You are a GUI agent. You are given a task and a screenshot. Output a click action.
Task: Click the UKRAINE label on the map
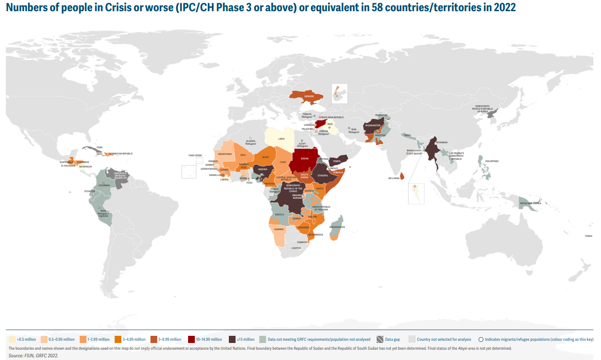click(309, 96)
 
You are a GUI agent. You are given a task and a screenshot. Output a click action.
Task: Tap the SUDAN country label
click(304, 159)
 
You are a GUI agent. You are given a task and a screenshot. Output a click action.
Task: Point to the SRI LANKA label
click(394, 178)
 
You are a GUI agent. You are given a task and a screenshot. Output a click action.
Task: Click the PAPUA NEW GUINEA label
click(530, 203)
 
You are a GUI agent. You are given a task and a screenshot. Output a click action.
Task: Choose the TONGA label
click(588, 236)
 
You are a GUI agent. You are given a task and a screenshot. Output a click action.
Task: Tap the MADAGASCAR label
click(337, 227)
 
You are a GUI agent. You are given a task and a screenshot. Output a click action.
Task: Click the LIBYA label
click(281, 139)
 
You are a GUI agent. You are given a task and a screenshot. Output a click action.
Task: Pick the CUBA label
click(99, 147)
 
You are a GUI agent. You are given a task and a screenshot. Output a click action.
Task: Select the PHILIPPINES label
click(492, 161)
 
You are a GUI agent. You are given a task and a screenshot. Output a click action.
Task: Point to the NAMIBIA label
click(279, 229)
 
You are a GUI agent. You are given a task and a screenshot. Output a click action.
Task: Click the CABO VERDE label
click(195, 155)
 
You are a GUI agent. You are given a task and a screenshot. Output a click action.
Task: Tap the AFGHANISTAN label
click(373, 125)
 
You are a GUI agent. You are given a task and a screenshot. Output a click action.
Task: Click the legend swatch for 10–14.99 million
click(191, 339)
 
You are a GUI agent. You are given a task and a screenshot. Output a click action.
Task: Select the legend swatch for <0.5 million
click(12, 339)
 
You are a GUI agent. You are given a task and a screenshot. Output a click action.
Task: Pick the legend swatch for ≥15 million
click(232, 339)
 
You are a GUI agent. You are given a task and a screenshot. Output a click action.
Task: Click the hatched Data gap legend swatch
click(380, 339)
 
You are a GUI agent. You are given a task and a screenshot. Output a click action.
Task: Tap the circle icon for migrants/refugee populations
click(481, 339)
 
